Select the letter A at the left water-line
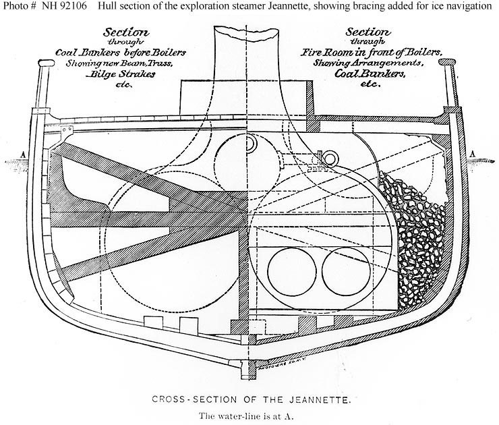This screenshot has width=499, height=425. [x=24, y=154]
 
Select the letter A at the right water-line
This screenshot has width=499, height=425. [x=475, y=154]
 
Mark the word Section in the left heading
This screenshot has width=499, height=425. [x=127, y=32]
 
